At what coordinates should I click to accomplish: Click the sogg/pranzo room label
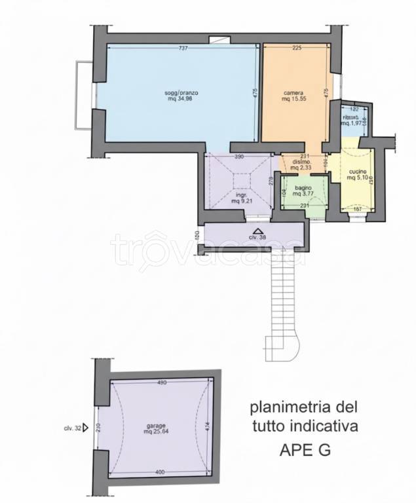pyautogui.click(x=181, y=93)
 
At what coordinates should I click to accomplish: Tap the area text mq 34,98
pyautogui.click(x=181, y=100)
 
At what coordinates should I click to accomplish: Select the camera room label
pyautogui.click(x=293, y=93)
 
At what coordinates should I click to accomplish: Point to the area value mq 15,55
pyautogui.click(x=293, y=100)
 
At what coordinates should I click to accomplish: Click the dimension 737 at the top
pyautogui.click(x=183, y=48)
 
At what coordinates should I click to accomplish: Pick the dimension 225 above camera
pyautogui.click(x=296, y=48)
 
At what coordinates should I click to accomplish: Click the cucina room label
pyautogui.click(x=358, y=172)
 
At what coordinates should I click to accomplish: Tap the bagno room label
pyautogui.click(x=302, y=187)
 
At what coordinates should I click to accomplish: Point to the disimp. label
pyautogui.click(x=302, y=161)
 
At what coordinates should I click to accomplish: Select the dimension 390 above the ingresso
pyautogui.click(x=239, y=157)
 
